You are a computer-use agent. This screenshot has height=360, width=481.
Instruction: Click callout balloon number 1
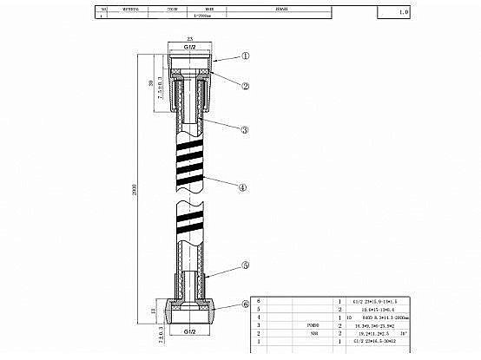[x=246, y=55]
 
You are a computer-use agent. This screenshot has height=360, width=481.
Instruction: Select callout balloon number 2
[x=246, y=86]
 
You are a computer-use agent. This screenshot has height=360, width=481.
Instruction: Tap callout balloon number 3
[x=246, y=129]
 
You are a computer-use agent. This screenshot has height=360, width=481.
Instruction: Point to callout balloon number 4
[x=246, y=186]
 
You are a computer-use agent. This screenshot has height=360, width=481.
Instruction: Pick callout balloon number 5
[x=246, y=266]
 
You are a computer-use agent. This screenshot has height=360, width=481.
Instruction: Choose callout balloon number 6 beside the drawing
[x=246, y=305]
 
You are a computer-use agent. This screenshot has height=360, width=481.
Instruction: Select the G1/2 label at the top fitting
[x=190, y=47]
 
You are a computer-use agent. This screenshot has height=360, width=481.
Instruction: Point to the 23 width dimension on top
[x=190, y=39]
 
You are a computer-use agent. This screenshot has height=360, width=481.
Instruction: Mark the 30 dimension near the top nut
[x=154, y=82]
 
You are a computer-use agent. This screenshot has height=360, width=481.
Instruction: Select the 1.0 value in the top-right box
[x=427, y=13]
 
